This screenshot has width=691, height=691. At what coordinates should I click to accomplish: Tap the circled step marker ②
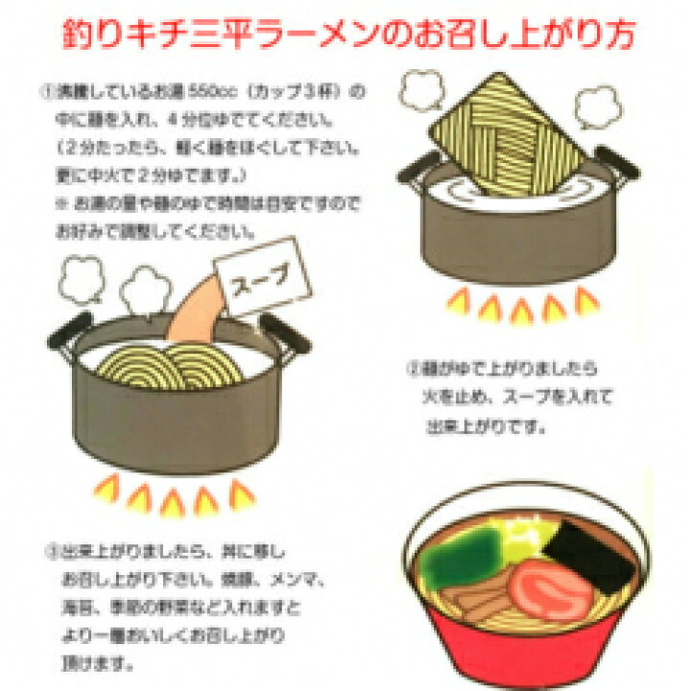pos(415,369)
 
